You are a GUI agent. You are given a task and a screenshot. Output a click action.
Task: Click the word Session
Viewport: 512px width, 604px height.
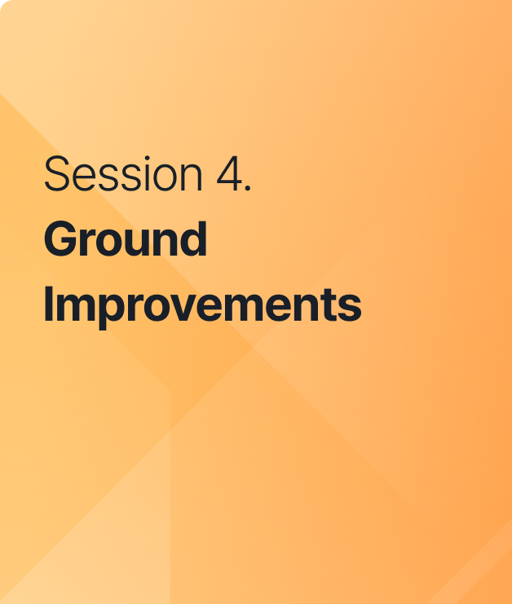tap(123, 173)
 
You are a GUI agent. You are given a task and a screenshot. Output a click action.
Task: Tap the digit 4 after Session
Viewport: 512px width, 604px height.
tap(229, 174)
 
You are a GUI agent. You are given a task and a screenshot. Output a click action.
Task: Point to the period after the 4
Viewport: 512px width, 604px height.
tap(248, 187)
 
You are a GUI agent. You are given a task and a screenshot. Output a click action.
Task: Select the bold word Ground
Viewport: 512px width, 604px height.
tap(126, 239)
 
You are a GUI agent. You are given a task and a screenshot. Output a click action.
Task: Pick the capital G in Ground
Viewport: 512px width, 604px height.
tap(60, 239)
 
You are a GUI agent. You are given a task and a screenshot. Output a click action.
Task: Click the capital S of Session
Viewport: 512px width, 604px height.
tap(57, 174)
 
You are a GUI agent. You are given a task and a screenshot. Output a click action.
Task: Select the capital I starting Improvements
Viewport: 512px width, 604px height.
tap(48, 304)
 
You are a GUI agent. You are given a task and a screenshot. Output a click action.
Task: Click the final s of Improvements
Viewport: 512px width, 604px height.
tap(349, 309)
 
